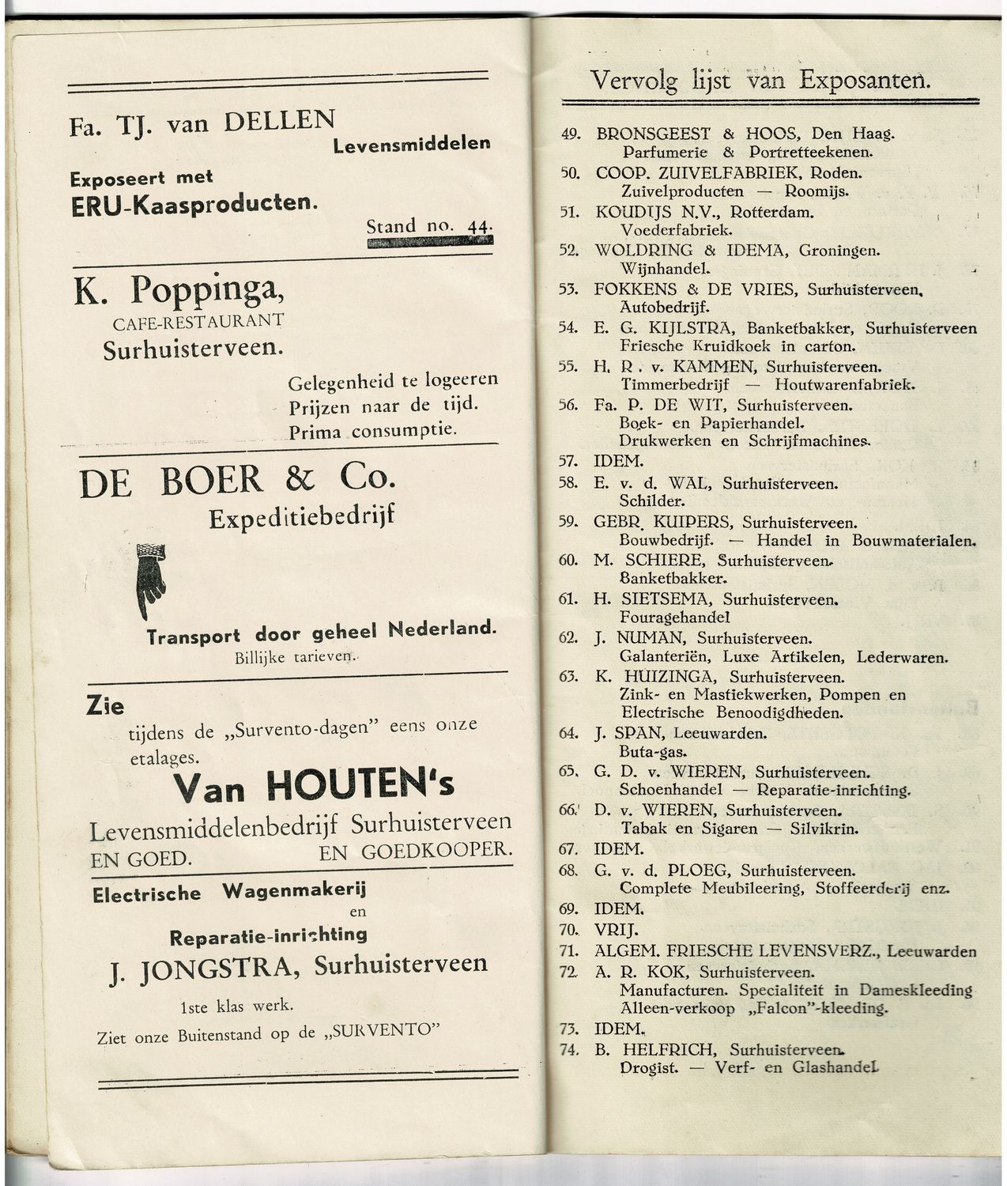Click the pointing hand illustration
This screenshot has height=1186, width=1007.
click(x=151, y=579)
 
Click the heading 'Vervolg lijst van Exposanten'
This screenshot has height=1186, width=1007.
click(x=760, y=81)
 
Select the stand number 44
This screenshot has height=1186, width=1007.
click(x=477, y=226)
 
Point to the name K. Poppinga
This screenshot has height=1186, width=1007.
click(x=179, y=292)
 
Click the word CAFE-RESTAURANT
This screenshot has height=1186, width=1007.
click(x=198, y=322)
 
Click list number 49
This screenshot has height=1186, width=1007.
click(x=570, y=134)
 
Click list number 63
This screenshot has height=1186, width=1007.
click(x=568, y=677)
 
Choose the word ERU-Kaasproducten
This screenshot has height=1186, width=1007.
click(x=193, y=204)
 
